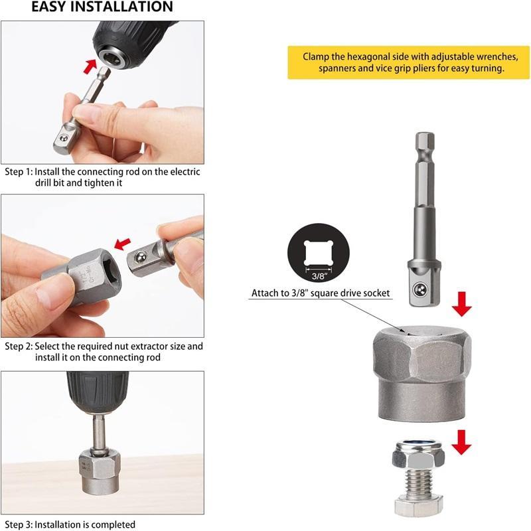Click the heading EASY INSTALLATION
tap(102, 7)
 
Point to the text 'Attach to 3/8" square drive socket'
tap(321, 293)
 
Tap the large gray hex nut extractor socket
tap(421, 375)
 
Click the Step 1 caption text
tap(102, 177)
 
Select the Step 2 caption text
tap(104, 352)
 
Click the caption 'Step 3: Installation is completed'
tap(70, 524)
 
